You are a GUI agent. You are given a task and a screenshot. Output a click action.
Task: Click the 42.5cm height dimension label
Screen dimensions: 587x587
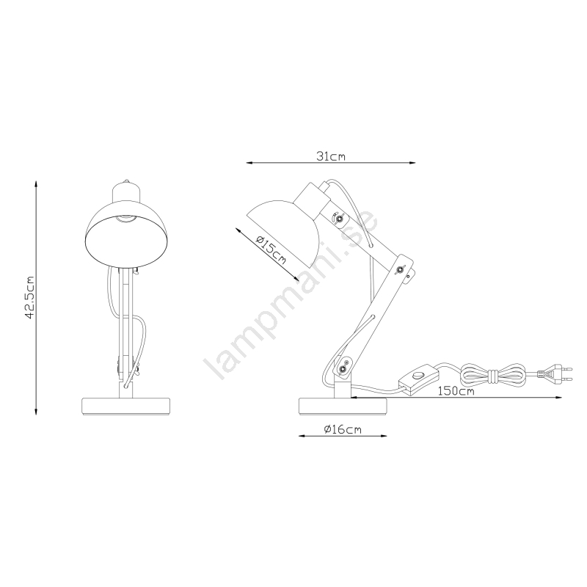[x=29, y=298]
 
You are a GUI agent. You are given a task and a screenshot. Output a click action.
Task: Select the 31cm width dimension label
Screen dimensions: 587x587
[x=331, y=156]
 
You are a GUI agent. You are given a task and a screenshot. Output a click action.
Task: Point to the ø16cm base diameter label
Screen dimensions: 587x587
[x=343, y=429]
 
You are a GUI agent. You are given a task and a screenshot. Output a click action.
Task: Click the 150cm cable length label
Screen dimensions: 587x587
[x=456, y=391]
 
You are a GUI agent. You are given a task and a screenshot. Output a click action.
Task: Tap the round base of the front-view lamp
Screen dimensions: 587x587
[x=126, y=406]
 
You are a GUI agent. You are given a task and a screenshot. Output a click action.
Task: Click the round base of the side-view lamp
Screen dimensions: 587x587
[x=343, y=406]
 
